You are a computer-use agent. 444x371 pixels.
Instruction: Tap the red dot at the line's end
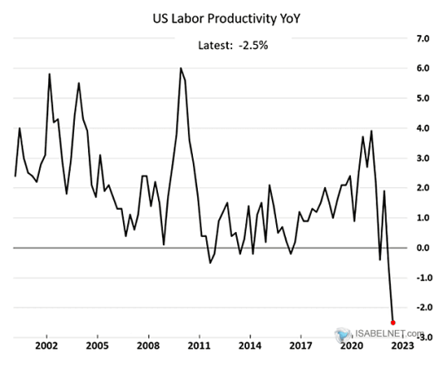[393, 322]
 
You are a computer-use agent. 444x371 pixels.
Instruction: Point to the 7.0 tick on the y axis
[422, 39]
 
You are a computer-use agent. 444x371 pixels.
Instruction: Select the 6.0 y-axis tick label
[422, 69]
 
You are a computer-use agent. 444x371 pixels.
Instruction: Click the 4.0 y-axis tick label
[422, 128]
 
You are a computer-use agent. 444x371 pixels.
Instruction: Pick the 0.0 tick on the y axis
[422, 248]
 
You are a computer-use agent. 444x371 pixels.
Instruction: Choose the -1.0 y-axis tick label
[421, 278]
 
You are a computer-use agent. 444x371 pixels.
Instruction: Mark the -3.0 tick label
[421, 338]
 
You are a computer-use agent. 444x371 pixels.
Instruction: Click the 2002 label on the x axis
[47, 344]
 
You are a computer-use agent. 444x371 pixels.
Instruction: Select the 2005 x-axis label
[98, 344]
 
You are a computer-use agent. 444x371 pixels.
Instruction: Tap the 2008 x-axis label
[150, 344]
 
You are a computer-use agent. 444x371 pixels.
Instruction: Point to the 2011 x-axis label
[200, 344]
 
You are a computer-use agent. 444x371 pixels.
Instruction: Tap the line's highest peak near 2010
[180, 68]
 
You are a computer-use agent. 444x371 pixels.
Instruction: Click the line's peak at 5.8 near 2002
[50, 75]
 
